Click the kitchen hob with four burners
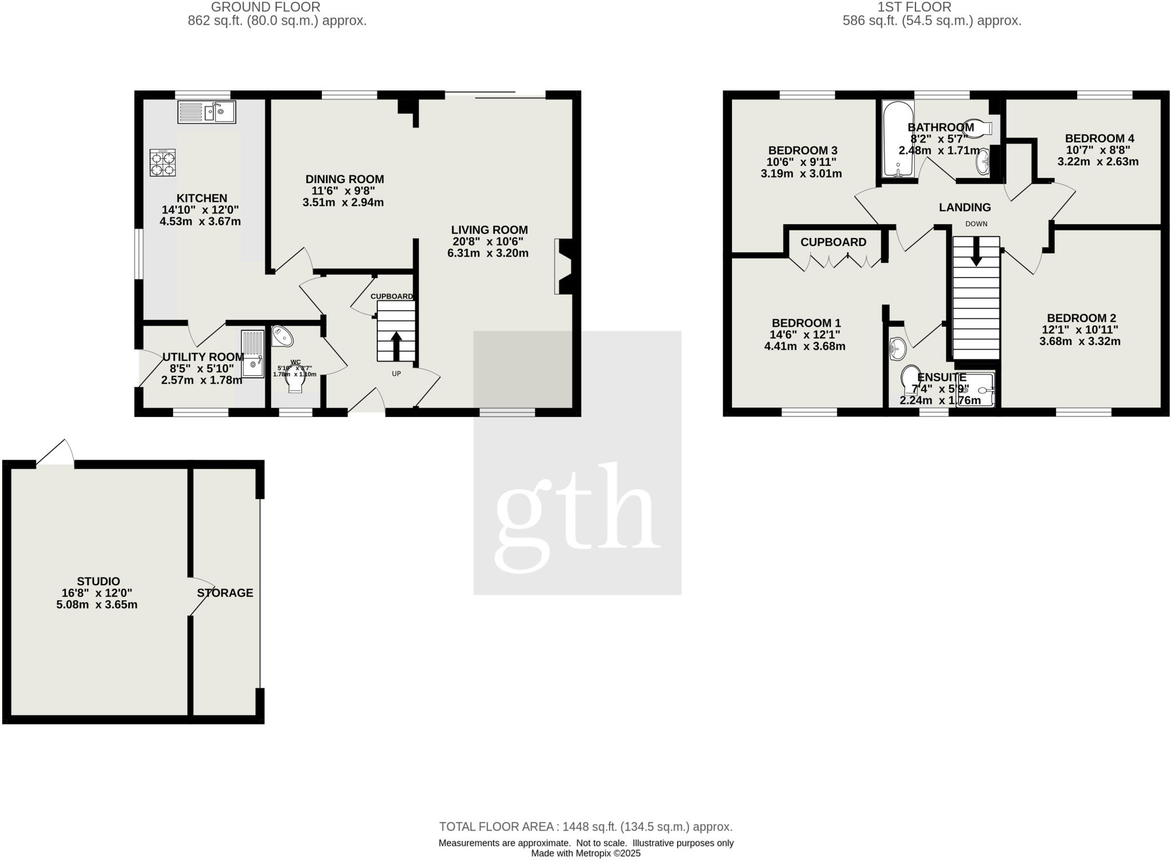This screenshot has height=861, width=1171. tap(162, 162)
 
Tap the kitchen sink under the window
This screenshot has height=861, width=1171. tap(206, 112)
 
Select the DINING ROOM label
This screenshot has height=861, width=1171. tap(344, 179)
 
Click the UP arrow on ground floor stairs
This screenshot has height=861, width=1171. tap(396, 343)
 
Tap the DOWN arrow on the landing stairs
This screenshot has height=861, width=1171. tap(976, 252)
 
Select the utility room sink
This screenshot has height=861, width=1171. tap(253, 354)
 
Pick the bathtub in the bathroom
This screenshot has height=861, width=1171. tap(898, 139)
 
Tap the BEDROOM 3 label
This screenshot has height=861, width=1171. tap(803, 150)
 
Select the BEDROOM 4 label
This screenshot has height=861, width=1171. tap(1100, 138)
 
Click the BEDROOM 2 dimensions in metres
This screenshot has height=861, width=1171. tap(1080, 342)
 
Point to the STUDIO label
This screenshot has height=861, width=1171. tap(98, 582)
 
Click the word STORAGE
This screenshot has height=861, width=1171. tap(225, 593)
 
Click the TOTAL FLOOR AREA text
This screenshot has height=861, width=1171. tap(585, 827)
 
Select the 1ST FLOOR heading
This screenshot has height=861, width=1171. tap(931, 7)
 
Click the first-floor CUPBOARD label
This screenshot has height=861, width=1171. tap(833, 242)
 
